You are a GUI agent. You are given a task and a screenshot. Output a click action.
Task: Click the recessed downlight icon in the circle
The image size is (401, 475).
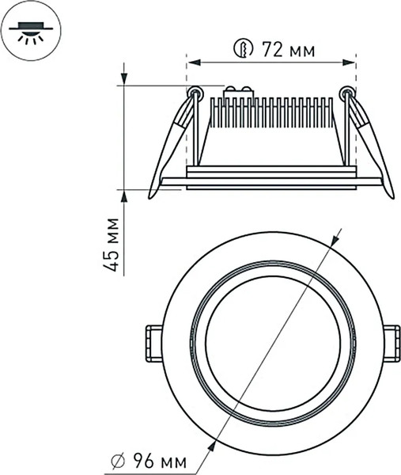click(x=31, y=31)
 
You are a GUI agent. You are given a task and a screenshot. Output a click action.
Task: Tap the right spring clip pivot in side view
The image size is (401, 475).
click(x=345, y=93)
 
